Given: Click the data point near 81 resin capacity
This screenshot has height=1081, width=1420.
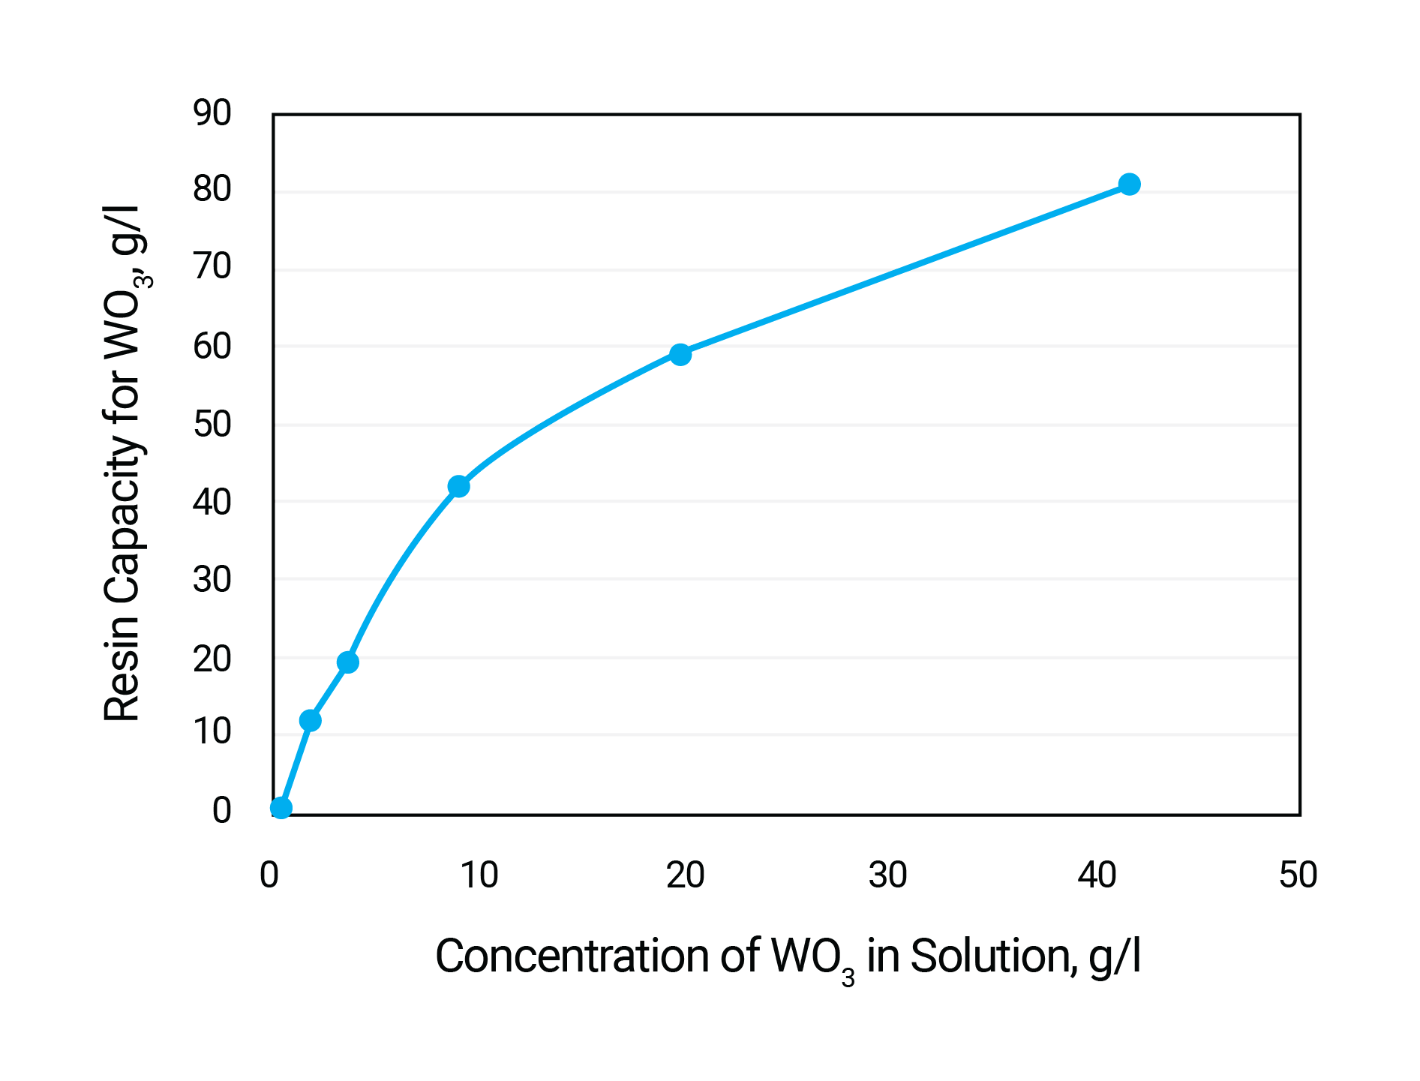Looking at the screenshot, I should click(1129, 184).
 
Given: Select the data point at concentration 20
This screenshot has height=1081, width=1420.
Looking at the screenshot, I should click(680, 354).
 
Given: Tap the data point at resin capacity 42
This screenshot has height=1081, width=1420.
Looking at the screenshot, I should click(458, 486).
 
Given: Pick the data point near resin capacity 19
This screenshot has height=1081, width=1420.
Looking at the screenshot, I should click(347, 662).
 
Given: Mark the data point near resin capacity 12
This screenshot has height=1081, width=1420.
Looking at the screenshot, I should click(310, 720).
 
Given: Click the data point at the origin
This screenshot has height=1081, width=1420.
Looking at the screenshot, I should click(281, 807).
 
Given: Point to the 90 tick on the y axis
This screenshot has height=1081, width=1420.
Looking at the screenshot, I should click(212, 113).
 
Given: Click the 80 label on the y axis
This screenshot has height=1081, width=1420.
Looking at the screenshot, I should click(212, 189).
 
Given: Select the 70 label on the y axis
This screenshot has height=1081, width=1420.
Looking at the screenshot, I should click(212, 267).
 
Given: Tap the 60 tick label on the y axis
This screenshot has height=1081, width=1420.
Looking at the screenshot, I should click(212, 346).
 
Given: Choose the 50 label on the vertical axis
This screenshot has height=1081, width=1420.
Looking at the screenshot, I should click(212, 425).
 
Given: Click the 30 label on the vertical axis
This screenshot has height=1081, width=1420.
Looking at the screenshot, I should click(212, 580).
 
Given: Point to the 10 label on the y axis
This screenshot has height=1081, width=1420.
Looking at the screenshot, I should click(212, 732).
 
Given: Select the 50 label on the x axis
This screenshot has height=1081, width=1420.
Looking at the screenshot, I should click(1298, 875).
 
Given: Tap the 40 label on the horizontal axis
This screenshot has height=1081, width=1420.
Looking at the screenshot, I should click(1097, 875).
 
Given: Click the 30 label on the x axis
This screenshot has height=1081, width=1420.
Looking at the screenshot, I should click(887, 875).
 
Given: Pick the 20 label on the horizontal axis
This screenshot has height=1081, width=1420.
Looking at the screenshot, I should click(685, 875).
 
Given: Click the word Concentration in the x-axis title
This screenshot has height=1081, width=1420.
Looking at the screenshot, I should click(573, 956).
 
